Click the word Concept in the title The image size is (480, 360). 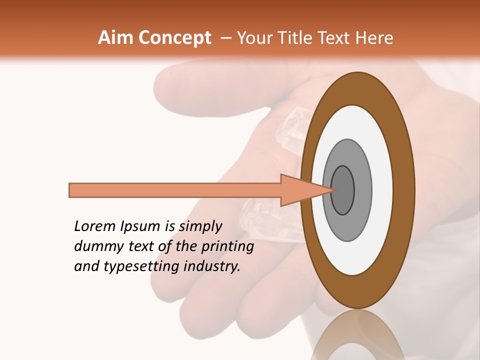pyautogui.click(x=174, y=38)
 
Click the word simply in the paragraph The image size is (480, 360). pyautogui.click(x=200, y=227)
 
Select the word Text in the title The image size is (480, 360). pyautogui.click(x=335, y=38)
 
